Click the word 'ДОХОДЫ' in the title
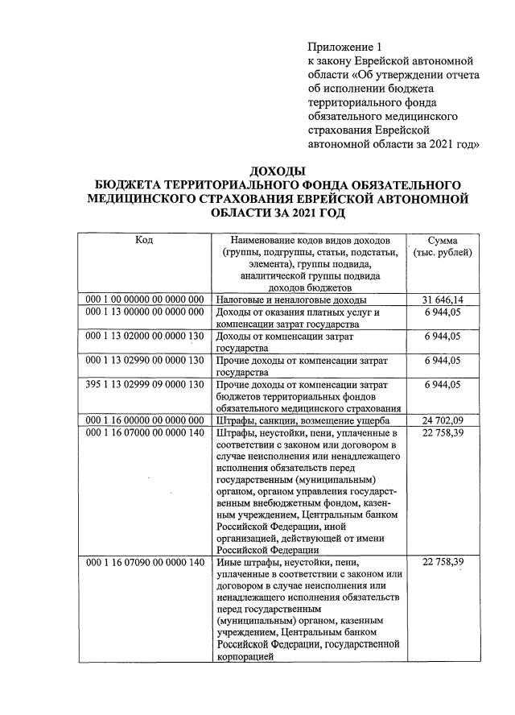pos(278,171)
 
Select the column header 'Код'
pos(144,240)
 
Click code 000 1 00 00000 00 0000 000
pos(145,300)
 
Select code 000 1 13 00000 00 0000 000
pos(145,312)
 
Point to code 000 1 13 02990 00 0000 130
pos(145,360)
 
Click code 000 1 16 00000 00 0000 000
pos(145,420)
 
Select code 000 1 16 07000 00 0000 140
pos(145,432)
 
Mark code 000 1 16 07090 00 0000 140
pos(145,561)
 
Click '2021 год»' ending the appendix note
pos(453,144)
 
